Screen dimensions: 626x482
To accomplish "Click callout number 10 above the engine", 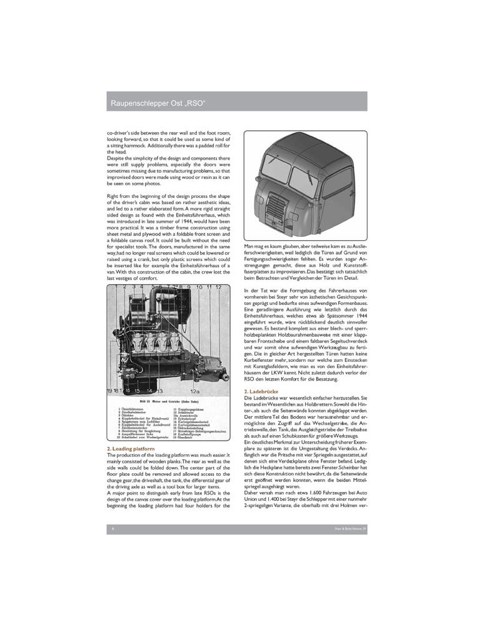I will tap(199, 287).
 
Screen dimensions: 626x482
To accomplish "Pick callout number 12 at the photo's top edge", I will tap(218, 287).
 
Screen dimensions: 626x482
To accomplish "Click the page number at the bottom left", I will tap(112, 529).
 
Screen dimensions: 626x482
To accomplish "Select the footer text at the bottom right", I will tap(349, 529).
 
